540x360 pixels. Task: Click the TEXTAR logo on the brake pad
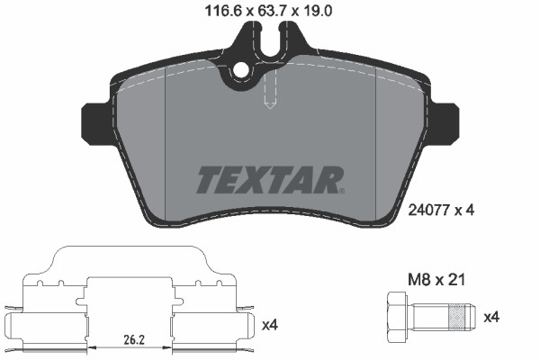(x=269, y=179)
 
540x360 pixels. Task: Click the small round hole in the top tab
(x=240, y=71)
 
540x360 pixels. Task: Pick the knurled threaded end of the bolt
(x=459, y=319)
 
